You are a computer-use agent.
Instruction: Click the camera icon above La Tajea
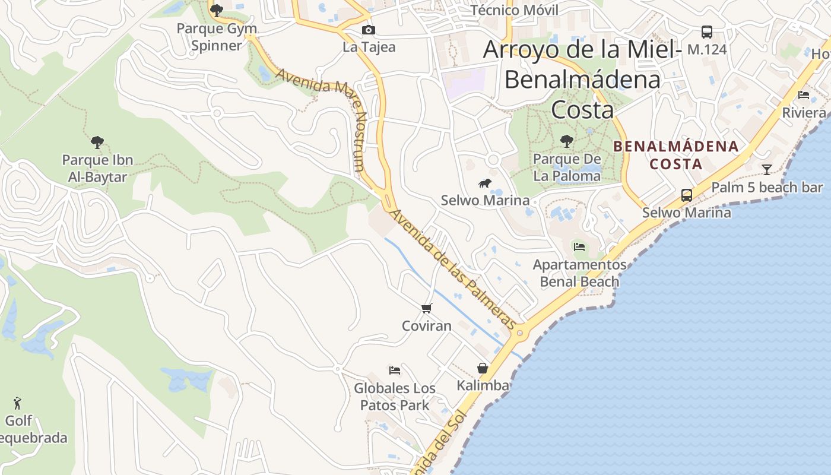[368, 30]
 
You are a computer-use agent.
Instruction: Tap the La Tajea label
[369, 47]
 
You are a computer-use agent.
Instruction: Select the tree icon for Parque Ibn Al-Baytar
[97, 142]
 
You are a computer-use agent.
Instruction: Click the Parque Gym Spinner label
[217, 37]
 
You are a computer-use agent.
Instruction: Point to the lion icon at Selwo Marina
[485, 183]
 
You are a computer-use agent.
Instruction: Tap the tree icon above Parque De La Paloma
[567, 141]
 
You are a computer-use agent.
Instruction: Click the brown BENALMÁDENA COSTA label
[675, 155]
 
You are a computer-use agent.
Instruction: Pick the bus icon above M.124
[706, 32]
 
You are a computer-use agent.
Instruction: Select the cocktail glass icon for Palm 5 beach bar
[767, 170]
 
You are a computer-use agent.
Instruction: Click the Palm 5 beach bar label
[767, 188]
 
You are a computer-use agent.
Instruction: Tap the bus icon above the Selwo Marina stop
[686, 195]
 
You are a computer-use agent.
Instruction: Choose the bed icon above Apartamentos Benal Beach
[579, 246]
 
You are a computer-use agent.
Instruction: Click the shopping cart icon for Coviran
[426, 308]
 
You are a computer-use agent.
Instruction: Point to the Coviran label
[426, 326]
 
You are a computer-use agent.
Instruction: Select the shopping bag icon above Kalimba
[483, 368]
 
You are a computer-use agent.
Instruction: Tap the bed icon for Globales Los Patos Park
[394, 370]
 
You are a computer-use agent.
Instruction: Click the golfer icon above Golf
[17, 404]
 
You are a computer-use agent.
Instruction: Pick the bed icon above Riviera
[804, 95]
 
